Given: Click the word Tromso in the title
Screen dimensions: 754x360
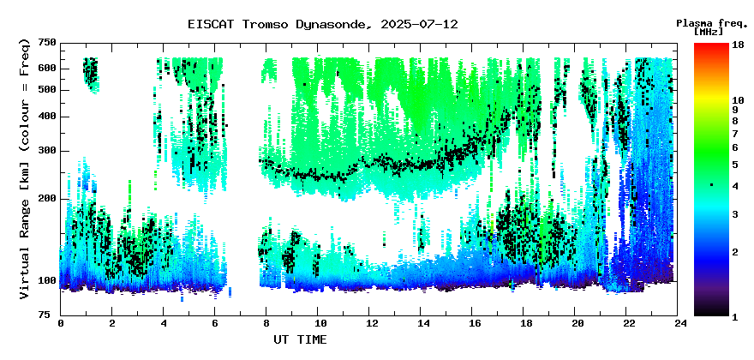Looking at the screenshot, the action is (261, 25).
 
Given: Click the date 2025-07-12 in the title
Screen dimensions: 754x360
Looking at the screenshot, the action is (420, 25).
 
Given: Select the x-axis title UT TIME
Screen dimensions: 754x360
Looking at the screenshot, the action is (300, 339).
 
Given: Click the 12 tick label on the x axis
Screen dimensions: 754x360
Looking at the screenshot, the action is (368, 324).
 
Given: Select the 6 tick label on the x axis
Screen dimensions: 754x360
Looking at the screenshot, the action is (214, 324).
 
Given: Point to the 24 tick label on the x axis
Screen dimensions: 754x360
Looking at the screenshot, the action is (678, 324).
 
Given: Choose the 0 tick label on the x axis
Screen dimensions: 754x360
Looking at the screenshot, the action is (61, 324).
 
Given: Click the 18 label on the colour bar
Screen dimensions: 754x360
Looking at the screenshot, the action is (738, 45).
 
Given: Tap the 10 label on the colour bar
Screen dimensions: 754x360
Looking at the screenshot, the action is (738, 100).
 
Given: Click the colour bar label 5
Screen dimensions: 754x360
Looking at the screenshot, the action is (735, 164).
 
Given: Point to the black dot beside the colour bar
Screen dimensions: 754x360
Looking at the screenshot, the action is (711, 185).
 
